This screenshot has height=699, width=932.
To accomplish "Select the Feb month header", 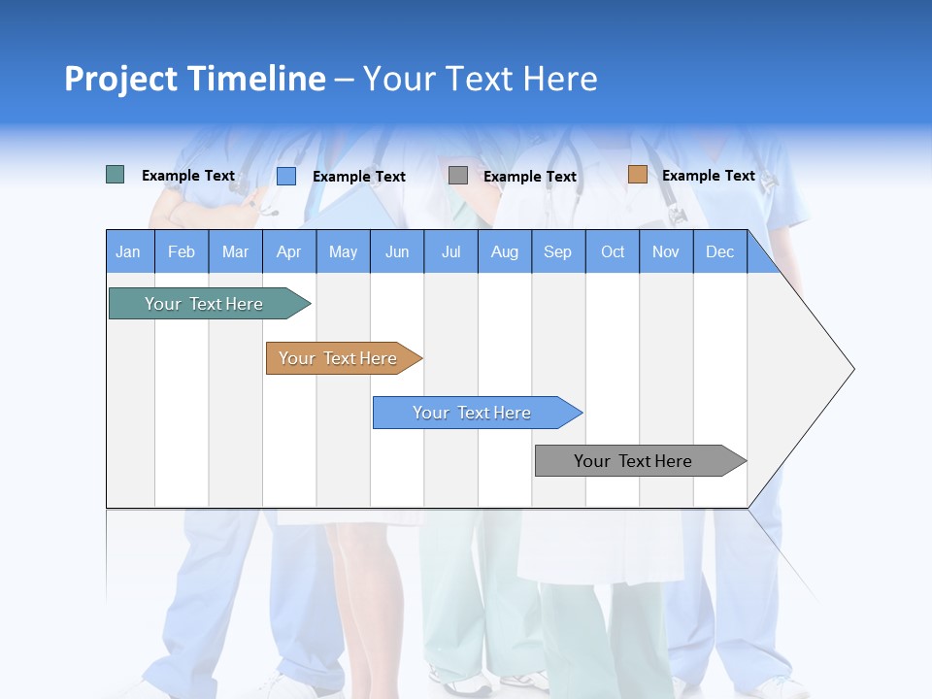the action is click(182, 251).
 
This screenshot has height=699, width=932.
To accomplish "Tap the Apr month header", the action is click(289, 251).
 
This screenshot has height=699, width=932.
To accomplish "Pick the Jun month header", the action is click(397, 251).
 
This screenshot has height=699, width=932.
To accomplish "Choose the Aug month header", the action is click(505, 251).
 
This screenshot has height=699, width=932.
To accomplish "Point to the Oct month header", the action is click(613, 251).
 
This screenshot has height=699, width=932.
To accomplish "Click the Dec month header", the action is click(719, 251).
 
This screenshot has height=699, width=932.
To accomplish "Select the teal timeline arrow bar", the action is click(210, 303).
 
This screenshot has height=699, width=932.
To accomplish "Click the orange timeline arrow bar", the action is click(344, 358).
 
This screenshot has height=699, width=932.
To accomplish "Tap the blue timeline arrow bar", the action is click(478, 413).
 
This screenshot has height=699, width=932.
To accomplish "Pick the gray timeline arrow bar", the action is click(641, 460).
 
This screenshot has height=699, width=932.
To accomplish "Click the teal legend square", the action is click(115, 174).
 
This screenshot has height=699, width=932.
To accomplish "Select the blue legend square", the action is click(286, 176).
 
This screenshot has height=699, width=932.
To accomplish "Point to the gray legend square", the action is click(457, 176).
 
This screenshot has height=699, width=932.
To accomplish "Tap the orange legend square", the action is click(638, 174).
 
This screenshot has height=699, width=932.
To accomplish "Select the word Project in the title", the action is click(120, 80).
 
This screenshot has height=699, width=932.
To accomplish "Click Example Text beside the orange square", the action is click(709, 176).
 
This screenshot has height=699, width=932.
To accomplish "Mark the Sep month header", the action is click(558, 251).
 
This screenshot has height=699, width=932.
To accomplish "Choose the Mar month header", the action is click(235, 251).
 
